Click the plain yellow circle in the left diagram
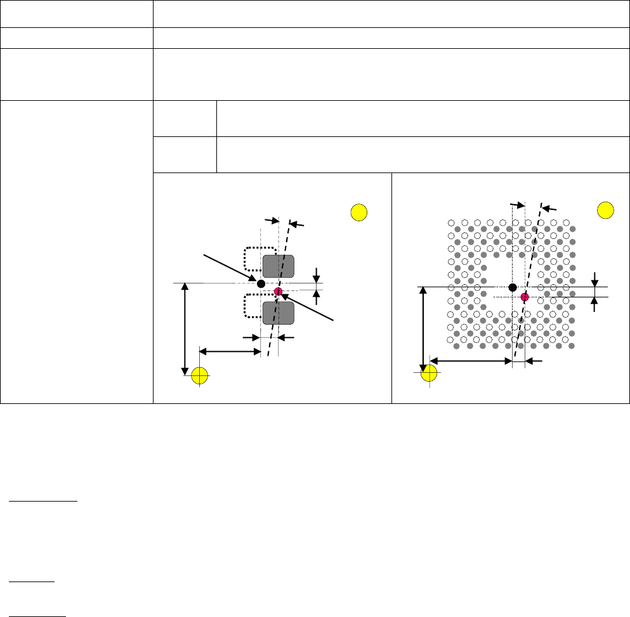359,212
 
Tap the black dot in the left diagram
261,283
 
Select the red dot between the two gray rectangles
278,291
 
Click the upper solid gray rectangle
279,266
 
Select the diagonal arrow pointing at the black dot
228,268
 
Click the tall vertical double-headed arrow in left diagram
185,328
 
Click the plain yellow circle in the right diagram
605,209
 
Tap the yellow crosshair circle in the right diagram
430,373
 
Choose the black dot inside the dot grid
513,287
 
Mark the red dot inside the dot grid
525,297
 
